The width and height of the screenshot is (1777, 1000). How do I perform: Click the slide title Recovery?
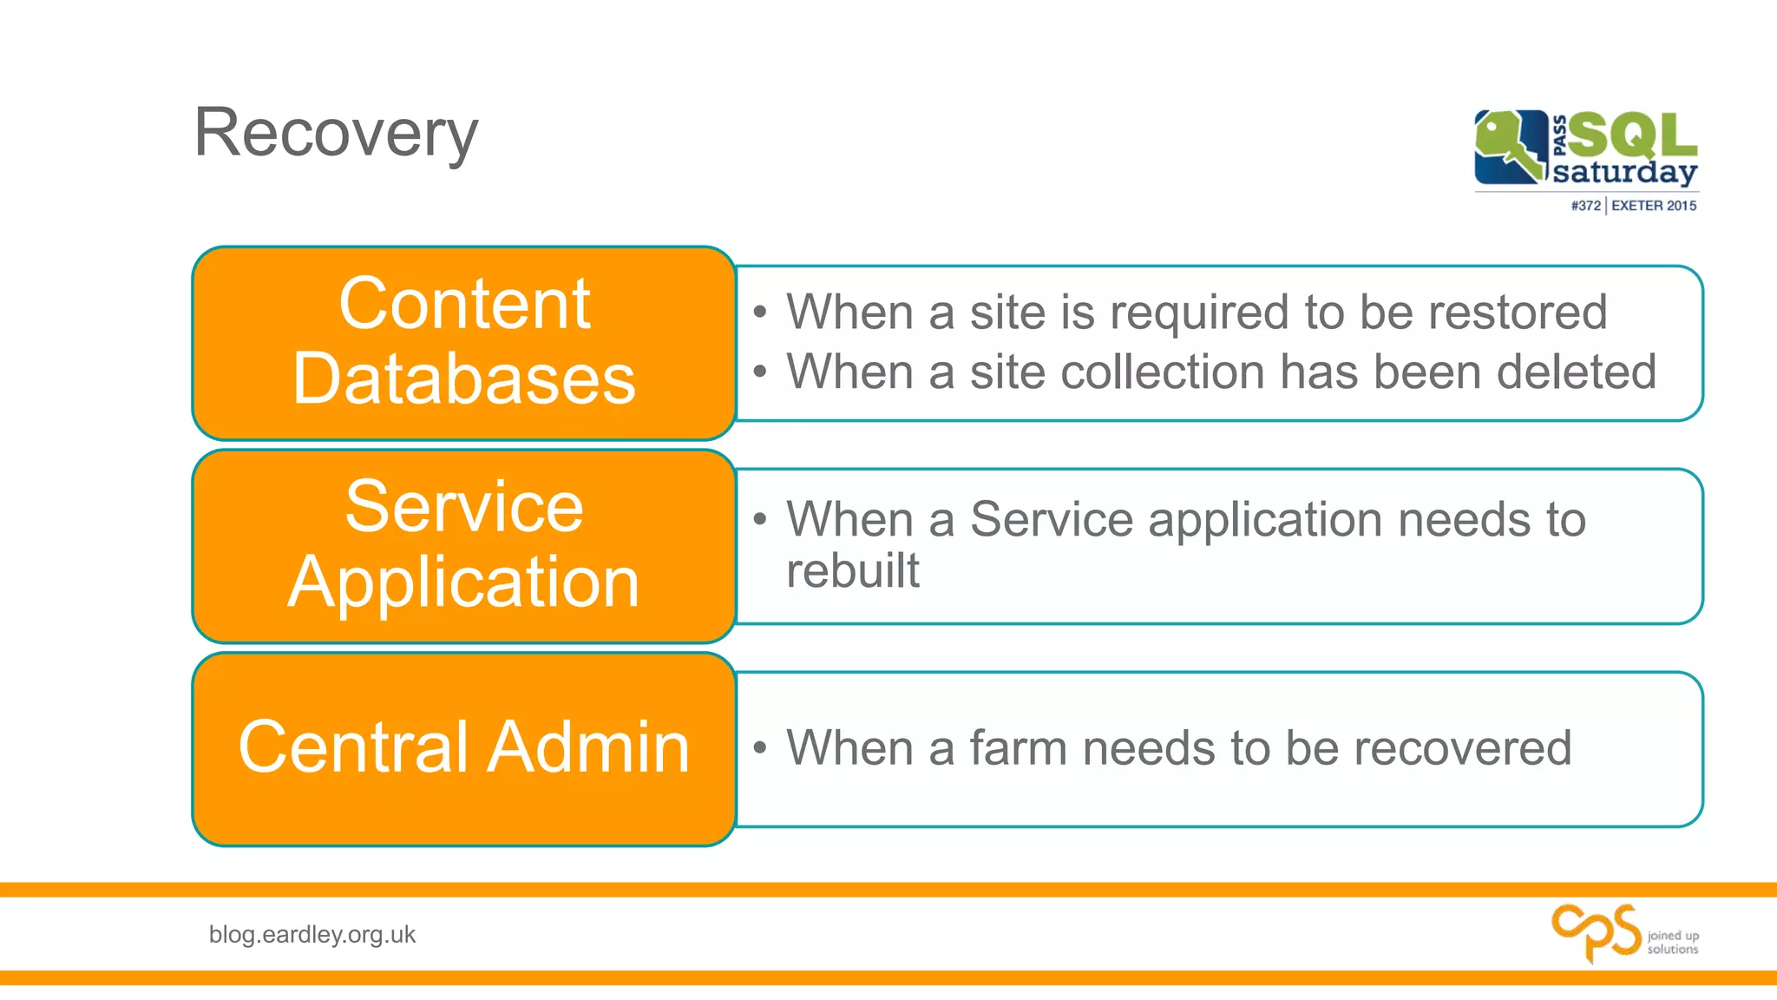[335, 133]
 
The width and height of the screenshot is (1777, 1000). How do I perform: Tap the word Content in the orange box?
[464, 304]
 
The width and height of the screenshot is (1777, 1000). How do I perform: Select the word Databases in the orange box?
[464, 379]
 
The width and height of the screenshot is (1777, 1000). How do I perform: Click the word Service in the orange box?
[464, 507]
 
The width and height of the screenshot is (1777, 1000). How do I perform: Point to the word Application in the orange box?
[464, 582]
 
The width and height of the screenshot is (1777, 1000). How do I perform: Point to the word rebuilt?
[852, 571]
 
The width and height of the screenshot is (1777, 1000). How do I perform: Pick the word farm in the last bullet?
[1018, 748]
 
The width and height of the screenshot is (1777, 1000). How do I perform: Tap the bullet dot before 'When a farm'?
[760, 748]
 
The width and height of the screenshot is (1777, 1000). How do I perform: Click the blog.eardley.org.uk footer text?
[312, 935]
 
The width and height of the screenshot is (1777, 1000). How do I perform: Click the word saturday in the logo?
[1624, 172]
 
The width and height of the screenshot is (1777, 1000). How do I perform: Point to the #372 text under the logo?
[1585, 206]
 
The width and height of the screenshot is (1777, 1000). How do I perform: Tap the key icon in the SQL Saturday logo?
[1511, 146]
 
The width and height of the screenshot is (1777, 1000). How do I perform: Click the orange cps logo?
[1596, 932]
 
